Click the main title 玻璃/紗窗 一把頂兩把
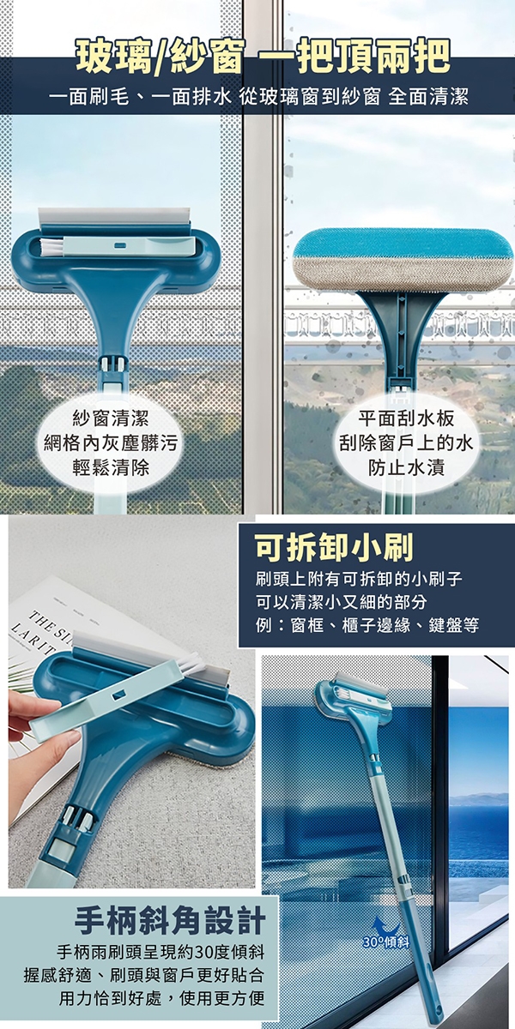(263, 57)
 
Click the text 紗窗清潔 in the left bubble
(111, 418)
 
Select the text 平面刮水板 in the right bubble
(406, 418)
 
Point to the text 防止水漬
(406, 468)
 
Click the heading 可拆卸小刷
(334, 548)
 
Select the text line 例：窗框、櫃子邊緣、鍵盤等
(367, 625)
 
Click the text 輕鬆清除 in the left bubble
(111, 468)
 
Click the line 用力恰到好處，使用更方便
(162, 999)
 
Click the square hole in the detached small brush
(121, 692)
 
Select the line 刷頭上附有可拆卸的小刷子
(359, 578)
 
